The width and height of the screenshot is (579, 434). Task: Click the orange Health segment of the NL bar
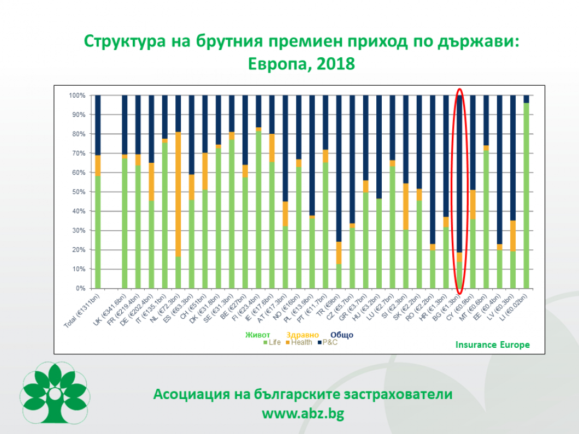coord(179,194)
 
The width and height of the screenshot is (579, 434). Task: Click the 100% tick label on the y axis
coord(77,96)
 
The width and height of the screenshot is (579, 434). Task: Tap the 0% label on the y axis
coord(80,288)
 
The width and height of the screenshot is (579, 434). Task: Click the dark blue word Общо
coord(342,335)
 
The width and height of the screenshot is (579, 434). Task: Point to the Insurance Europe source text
coord(492,344)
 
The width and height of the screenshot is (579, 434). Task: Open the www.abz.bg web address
coord(303,413)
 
